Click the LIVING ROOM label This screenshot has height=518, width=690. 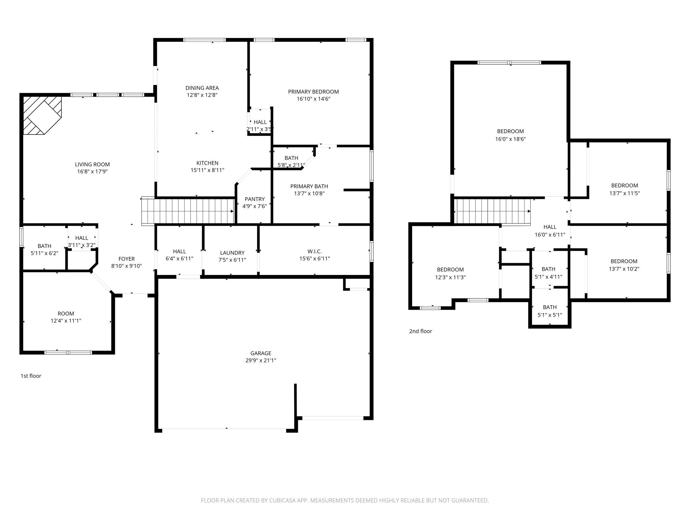[x=92, y=165]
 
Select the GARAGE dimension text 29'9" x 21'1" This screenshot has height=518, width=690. [x=260, y=361]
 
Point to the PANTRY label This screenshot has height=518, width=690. [x=254, y=199]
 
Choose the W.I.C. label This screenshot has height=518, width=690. [x=314, y=252]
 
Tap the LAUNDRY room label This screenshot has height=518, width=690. [x=232, y=253]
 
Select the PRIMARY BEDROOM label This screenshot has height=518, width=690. [x=313, y=92]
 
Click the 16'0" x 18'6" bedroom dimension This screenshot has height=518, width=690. [x=510, y=139]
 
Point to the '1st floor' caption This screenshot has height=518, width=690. [x=31, y=376]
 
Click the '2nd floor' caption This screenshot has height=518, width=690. [x=420, y=331]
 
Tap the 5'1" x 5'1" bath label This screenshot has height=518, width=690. [x=550, y=311]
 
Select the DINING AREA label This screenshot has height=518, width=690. [x=202, y=88]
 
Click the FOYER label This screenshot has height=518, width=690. [x=126, y=259]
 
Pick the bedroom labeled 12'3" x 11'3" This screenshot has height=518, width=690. [x=450, y=274]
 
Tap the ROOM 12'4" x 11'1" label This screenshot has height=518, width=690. [x=66, y=317]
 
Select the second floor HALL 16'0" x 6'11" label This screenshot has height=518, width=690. [x=550, y=231]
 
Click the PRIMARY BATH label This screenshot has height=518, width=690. [x=309, y=186]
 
